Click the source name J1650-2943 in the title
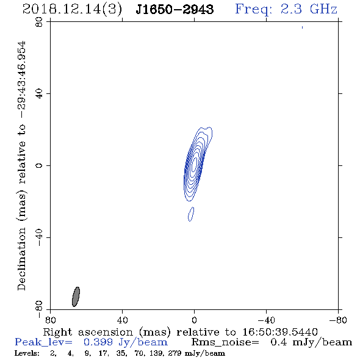(x=175, y=9)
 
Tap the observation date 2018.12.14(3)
(x=72, y=10)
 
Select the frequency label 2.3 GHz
(x=309, y=9)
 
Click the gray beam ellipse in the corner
(x=76, y=297)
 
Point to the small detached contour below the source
(x=191, y=214)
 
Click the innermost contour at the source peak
(x=195, y=164)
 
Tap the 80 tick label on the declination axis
(x=39, y=23)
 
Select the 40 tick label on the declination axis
(x=39, y=94)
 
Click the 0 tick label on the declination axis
(x=39, y=165)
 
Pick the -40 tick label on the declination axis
(x=39, y=237)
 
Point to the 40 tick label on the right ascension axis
(x=123, y=320)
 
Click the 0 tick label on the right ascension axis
(x=194, y=320)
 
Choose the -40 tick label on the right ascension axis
(x=266, y=320)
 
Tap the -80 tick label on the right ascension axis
(x=338, y=320)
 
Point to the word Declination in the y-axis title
(x=21, y=259)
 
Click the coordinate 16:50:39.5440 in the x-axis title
(x=280, y=332)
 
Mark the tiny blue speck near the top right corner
(x=302, y=27)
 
